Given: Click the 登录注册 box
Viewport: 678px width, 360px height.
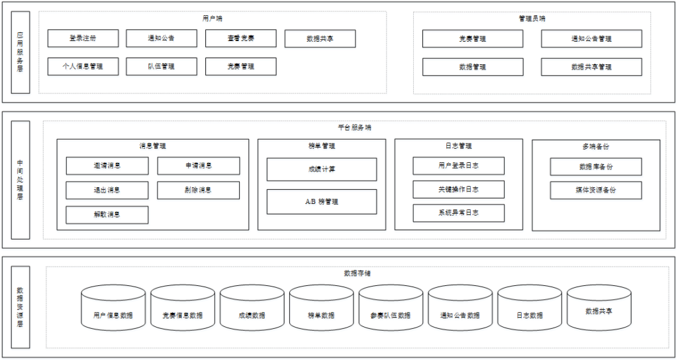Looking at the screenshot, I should pos(83,38).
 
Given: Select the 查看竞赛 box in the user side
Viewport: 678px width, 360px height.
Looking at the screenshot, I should pos(240,38).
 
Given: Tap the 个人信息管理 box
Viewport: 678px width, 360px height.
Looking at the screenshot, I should pos(83,67).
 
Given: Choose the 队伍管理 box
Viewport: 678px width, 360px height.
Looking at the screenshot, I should pos(161,67).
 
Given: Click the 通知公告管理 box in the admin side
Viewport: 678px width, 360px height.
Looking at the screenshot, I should pos(591,39).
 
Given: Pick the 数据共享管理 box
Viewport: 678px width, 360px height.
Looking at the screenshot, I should pos(591,67).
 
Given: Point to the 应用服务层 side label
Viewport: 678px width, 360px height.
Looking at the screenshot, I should pos(21,52).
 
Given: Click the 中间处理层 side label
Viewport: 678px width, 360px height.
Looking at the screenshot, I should pos(21,179).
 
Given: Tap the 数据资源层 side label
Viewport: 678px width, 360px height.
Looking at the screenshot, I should pos(21,307).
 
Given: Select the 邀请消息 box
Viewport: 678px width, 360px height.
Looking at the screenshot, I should pos(107,166).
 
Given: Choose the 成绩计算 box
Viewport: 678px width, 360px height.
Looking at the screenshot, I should pos(322,169).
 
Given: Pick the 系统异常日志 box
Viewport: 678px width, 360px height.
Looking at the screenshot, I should pos(458,213).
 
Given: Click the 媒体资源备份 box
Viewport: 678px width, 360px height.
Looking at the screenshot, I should pos(595,191).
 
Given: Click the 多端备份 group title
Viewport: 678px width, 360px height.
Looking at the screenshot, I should pos(596,146).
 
